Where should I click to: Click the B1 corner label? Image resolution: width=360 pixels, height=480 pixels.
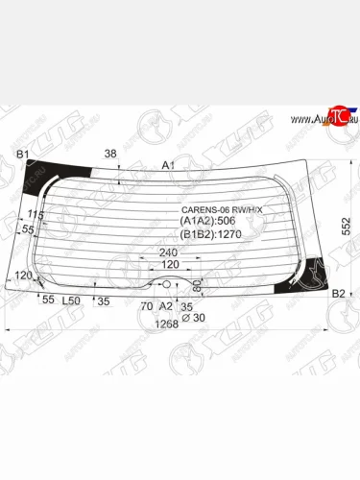click(21, 154)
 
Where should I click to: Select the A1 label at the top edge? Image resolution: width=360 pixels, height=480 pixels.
click(168, 165)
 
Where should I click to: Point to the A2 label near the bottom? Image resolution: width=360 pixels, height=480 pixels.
click(165, 305)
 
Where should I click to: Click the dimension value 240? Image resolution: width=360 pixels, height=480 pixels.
click(170, 252)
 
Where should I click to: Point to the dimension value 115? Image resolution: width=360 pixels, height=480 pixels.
click(36, 214)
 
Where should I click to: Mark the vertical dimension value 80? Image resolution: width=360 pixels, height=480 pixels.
click(198, 285)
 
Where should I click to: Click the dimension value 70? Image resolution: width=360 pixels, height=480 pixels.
click(146, 305)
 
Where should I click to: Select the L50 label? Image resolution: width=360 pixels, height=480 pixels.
click(71, 300)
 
